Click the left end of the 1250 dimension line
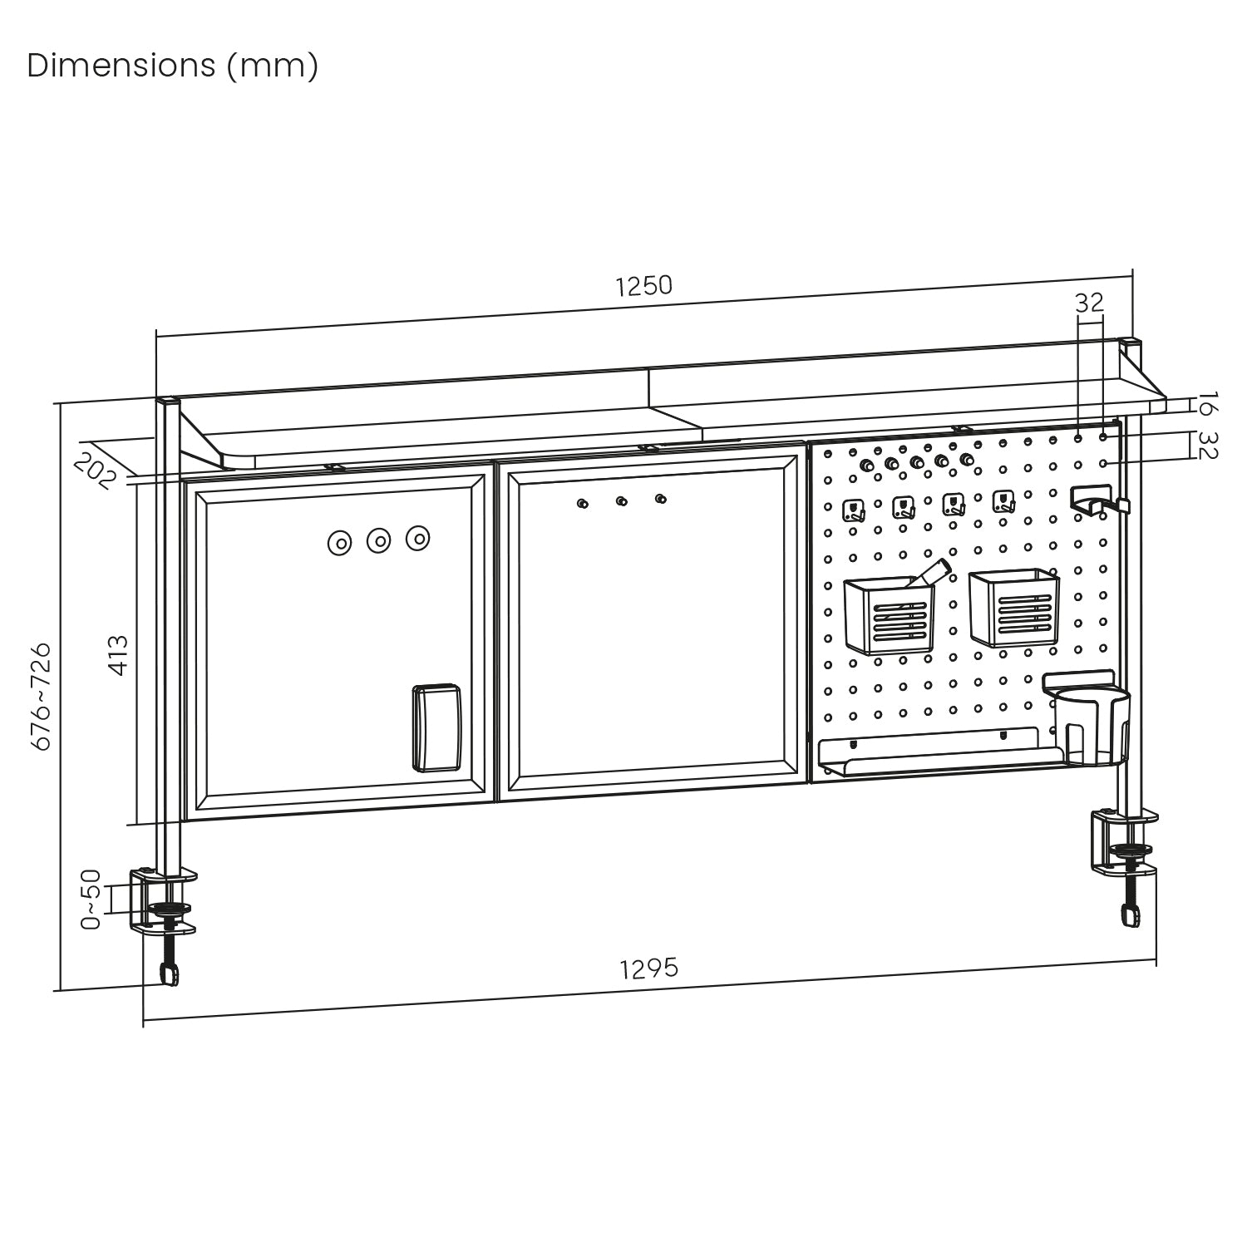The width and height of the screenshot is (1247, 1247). click(156, 337)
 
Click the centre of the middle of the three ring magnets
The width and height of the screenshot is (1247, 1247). click(379, 540)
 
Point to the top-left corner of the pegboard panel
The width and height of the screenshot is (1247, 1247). click(811, 443)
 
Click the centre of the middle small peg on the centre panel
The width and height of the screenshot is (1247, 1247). click(621, 501)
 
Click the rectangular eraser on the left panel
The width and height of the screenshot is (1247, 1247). click(436, 728)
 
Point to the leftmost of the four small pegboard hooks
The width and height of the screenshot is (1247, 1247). click(854, 510)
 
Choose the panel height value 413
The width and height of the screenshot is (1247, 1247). click(120, 655)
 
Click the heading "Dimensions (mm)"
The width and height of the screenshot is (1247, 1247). click(173, 66)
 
